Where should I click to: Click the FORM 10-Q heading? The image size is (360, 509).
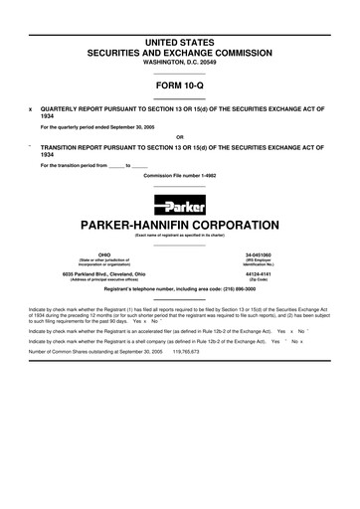coord(179,85)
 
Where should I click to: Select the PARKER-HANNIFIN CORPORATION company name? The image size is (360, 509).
coord(179,225)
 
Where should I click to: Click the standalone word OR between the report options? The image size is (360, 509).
coord(179,136)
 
